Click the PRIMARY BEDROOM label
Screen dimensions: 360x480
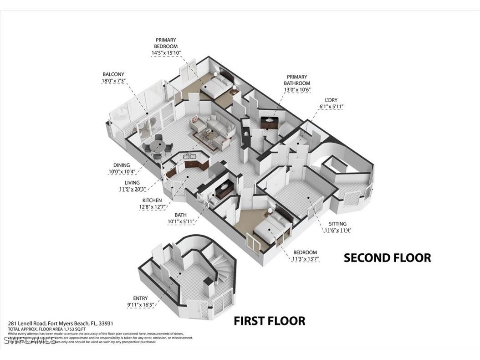tap(166, 43)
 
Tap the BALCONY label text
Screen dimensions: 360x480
tap(113, 74)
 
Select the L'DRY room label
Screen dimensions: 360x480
tap(331, 100)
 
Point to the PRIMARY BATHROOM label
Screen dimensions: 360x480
tap(297, 80)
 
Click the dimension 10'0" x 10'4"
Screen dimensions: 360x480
tap(122, 172)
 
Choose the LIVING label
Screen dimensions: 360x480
tap(132, 183)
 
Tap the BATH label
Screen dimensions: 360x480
tap(181, 215)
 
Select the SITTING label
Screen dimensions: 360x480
tap(337, 224)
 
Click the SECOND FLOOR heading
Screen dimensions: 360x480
tap(387, 258)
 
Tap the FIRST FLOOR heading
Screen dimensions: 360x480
tap(269, 321)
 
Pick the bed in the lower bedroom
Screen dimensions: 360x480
tap(272, 228)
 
